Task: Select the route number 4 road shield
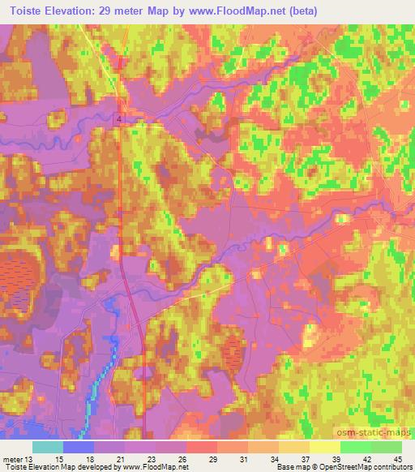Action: tap(118, 119)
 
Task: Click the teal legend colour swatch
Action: tap(48, 447)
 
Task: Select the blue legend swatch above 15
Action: tap(78, 447)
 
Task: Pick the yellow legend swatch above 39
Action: tap(326, 447)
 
